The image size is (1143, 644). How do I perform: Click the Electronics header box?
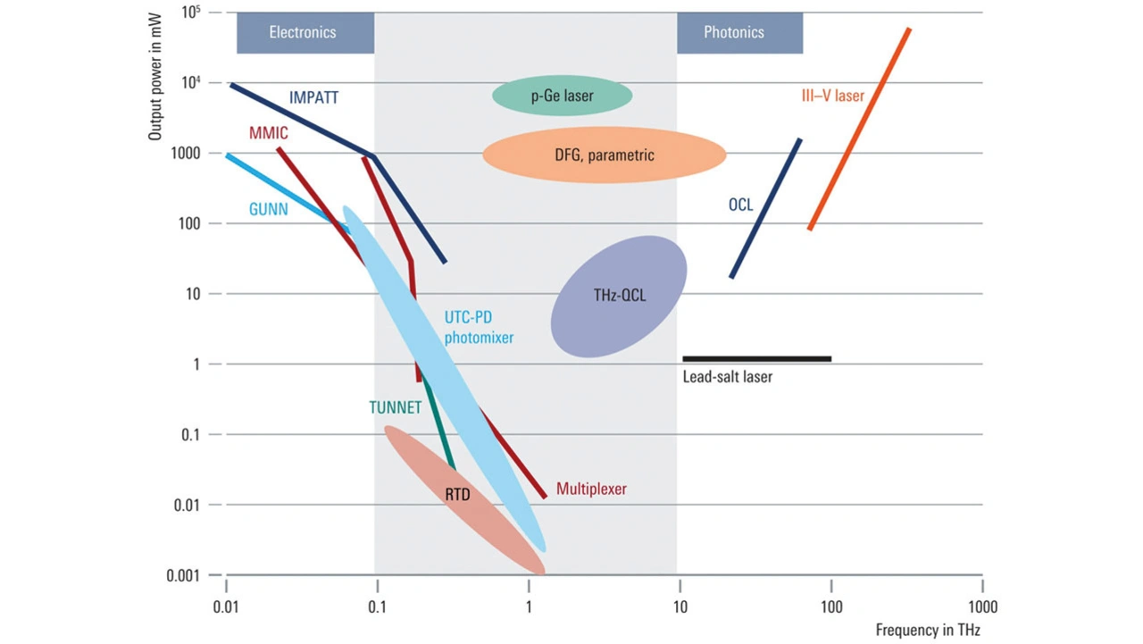tap(304, 33)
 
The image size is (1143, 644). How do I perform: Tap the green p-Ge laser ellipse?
tap(562, 96)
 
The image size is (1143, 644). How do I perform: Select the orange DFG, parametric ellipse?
tap(604, 155)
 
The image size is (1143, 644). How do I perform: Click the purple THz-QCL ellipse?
tap(618, 296)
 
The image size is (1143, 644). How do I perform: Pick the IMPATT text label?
tap(313, 97)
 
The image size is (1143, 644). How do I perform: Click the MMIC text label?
tap(268, 133)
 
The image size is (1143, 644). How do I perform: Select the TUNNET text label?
tap(395, 407)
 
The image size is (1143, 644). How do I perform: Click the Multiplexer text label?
tap(591, 489)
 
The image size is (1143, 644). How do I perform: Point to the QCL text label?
tap(740, 205)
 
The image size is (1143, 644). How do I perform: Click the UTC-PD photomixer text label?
tap(479, 326)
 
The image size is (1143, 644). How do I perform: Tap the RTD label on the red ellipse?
tap(457, 493)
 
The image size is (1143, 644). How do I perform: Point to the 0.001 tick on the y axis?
tap(186, 574)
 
